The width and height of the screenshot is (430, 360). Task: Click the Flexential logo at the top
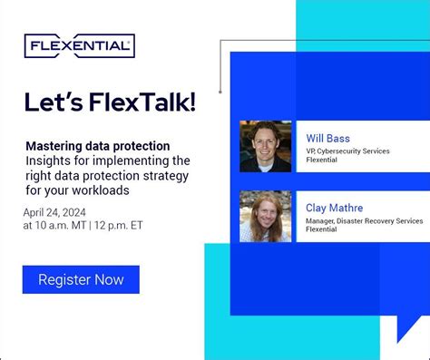pos(80,45)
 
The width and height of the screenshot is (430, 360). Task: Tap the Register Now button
pos(81,279)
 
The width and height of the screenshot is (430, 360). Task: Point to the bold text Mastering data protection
pos(97,145)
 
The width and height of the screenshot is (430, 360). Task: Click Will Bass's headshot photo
pos(265,147)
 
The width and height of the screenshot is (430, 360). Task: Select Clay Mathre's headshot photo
pos(265,216)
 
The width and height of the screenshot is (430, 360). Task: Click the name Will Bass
pos(328,138)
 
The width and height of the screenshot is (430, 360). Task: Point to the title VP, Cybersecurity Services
pos(347,151)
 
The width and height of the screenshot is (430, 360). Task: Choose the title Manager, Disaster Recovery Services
pos(364,220)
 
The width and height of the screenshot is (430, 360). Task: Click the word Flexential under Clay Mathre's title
pos(323,230)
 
